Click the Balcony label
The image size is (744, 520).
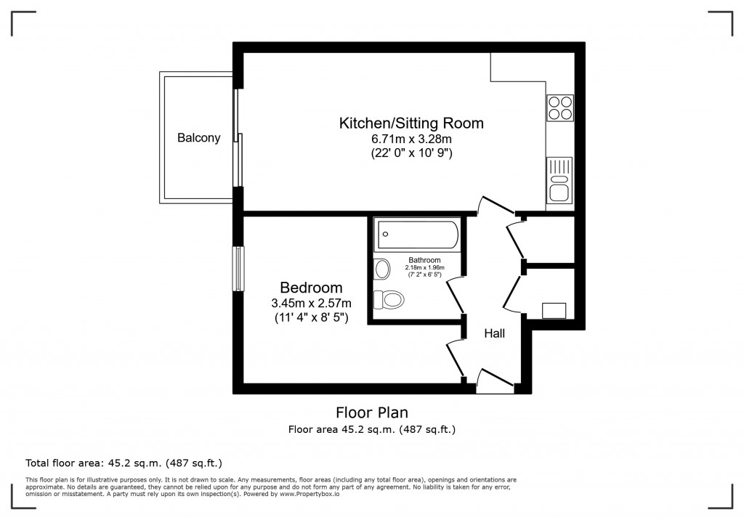[x=199, y=137]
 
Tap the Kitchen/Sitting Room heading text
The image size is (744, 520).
[x=411, y=123]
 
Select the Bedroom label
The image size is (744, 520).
[x=311, y=288]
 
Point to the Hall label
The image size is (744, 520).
[x=494, y=333]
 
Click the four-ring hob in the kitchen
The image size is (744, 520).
[x=560, y=107]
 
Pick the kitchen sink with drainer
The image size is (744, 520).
[x=559, y=180]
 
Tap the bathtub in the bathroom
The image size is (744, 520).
[x=417, y=235]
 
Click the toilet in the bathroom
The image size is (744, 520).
[x=389, y=299]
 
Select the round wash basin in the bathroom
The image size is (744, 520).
[x=382, y=269]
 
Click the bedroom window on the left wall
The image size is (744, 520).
[x=238, y=268]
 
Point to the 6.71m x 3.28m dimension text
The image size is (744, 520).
[x=411, y=139]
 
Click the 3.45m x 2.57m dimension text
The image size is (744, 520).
[x=311, y=303]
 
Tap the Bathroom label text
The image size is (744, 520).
[x=424, y=260]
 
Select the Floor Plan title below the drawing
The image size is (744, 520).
[x=372, y=413]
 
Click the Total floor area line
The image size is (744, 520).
[x=124, y=463]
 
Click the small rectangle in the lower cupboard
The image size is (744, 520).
[x=554, y=311]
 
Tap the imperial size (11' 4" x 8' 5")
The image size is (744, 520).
[x=311, y=317]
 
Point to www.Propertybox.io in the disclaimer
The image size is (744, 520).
[x=310, y=494]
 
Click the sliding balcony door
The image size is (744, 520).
[x=238, y=137]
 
